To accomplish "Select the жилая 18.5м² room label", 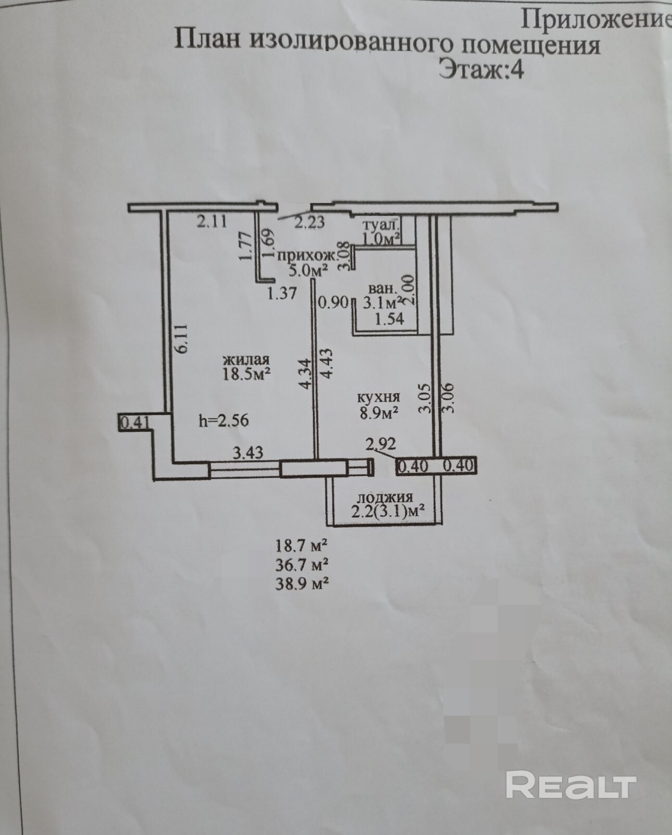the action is (246, 368).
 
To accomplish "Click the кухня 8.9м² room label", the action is (379, 405).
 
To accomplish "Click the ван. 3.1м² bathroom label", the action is (384, 295).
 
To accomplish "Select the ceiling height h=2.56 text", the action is (223, 420).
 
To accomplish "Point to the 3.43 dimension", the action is (248, 453).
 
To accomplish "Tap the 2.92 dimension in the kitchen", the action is (381, 444).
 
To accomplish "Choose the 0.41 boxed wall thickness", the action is (135, 422).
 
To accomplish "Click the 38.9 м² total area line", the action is (302, 583).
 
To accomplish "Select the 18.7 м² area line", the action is (301, 546).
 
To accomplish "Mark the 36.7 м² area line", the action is (302, 564).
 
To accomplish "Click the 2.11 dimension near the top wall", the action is (212, 222).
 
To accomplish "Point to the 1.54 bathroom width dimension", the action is (389, 319).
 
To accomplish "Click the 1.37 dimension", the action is (282, 294).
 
